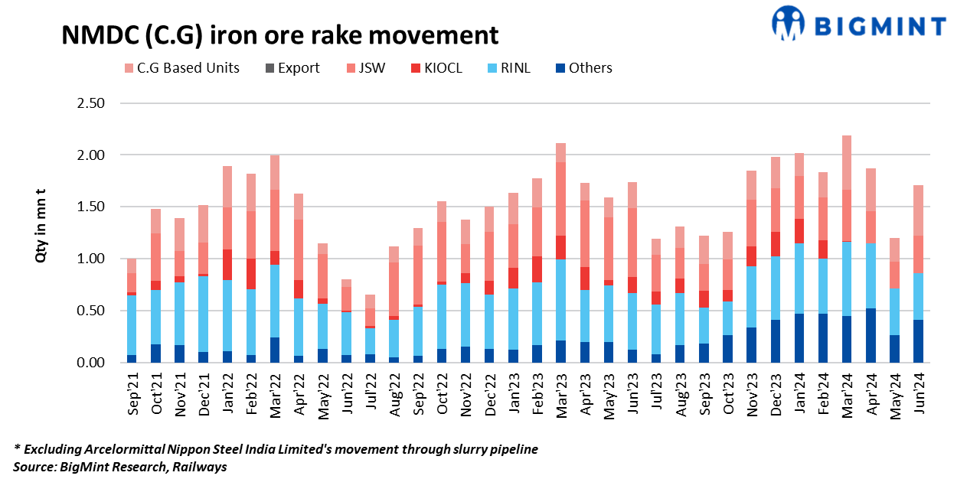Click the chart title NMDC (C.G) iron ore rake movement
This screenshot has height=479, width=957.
click(x=279, y=34)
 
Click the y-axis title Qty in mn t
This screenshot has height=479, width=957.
click(x=42, y=232)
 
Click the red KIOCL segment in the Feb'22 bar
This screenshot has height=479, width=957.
click(x=252, y=274)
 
